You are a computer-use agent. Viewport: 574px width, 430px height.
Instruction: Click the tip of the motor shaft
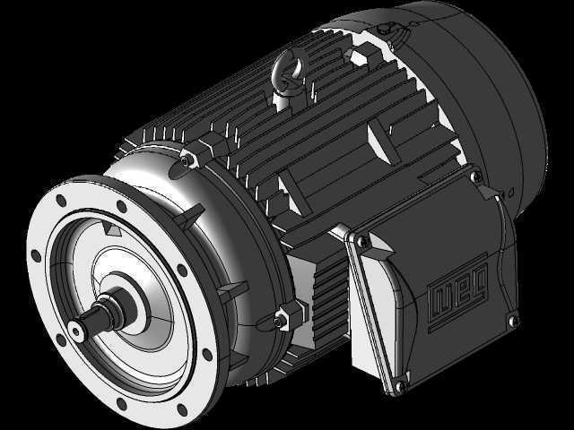75,331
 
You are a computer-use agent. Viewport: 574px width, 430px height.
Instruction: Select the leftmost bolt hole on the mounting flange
36,256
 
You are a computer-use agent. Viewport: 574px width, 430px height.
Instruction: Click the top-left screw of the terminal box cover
362,240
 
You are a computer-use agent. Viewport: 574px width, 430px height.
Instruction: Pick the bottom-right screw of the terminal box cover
514,321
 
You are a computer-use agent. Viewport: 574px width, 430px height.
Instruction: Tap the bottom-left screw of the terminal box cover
401,384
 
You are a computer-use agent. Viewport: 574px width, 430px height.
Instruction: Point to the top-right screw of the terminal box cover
476,176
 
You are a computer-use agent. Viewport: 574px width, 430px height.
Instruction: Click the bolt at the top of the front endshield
187,159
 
